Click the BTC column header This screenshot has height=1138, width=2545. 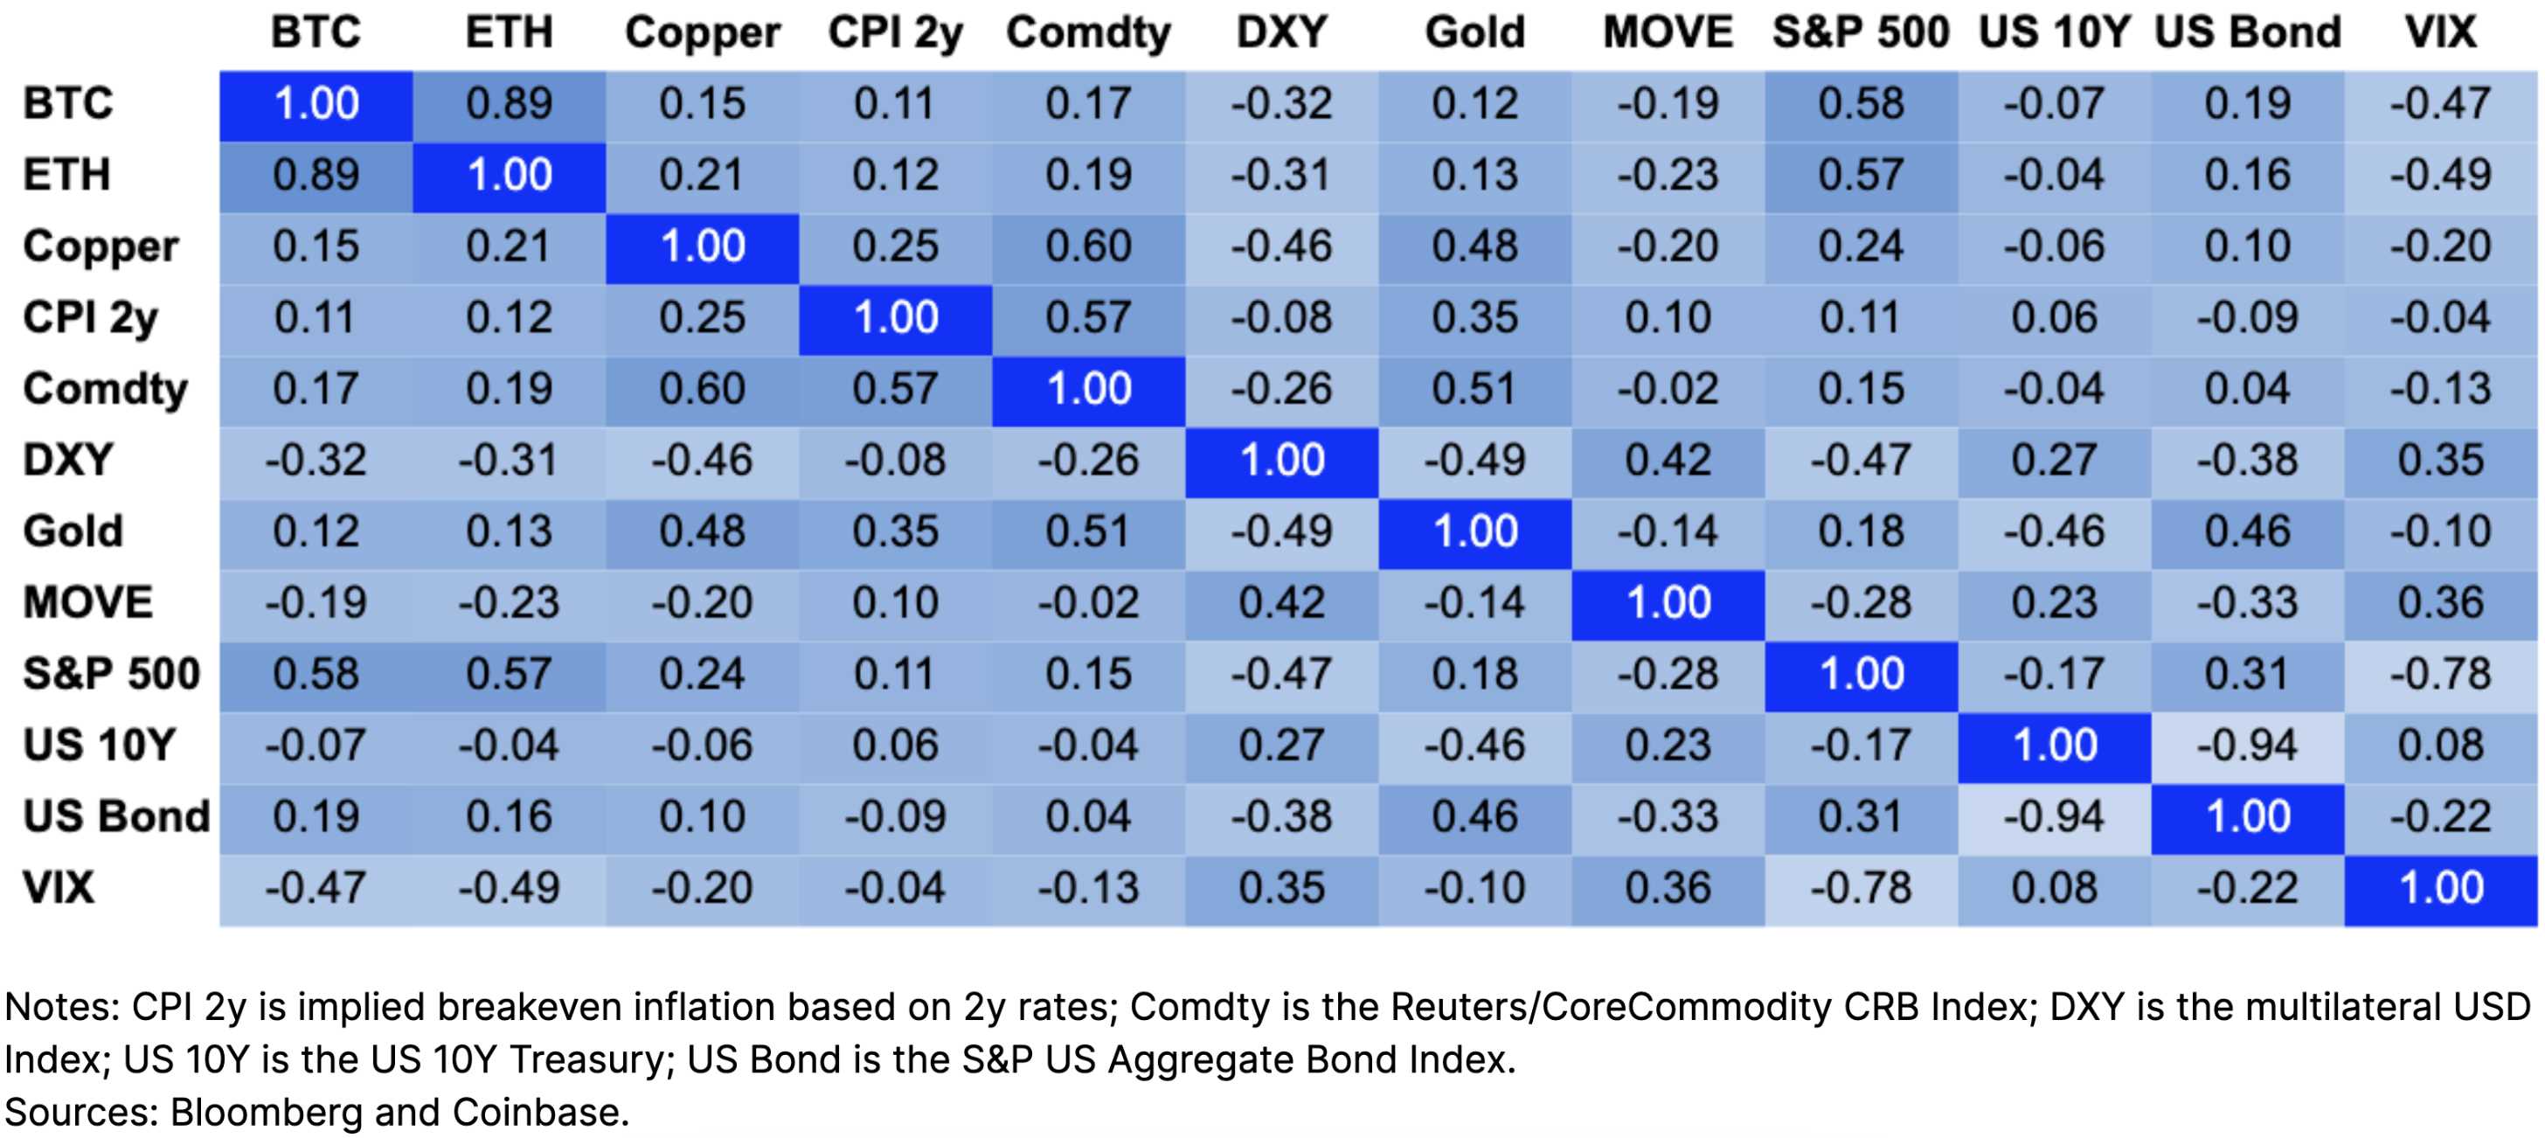316,31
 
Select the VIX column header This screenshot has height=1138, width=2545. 2440,31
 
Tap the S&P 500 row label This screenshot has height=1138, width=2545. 111,674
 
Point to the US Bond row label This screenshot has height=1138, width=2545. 115,816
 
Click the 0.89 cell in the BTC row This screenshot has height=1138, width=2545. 509,104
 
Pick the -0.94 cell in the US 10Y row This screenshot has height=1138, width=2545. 2247,746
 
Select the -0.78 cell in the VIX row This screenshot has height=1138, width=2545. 1861,888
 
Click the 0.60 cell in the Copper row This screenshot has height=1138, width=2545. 1088,246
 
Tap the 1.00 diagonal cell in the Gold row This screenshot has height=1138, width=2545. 1474,531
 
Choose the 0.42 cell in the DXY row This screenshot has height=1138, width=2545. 1668,461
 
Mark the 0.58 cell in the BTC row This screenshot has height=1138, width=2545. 1861,104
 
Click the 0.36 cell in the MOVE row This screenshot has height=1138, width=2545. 2440,602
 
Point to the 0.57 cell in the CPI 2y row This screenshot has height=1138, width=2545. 1088,317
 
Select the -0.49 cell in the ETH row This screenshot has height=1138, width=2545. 2440,175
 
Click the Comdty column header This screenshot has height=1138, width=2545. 1088,31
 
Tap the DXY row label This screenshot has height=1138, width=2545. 67,461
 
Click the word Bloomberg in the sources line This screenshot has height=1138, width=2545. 266,1113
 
